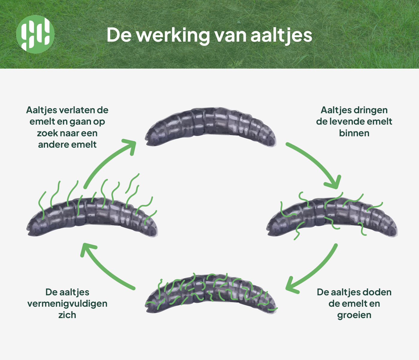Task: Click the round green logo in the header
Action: [35, 34]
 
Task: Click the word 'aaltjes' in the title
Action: [281, 35]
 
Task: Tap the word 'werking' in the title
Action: [173, 35]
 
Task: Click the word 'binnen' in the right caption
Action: [354, 133]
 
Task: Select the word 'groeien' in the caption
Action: [354, 315]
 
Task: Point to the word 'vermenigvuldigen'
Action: [67, 303]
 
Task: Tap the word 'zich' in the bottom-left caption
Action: [67, 315]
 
